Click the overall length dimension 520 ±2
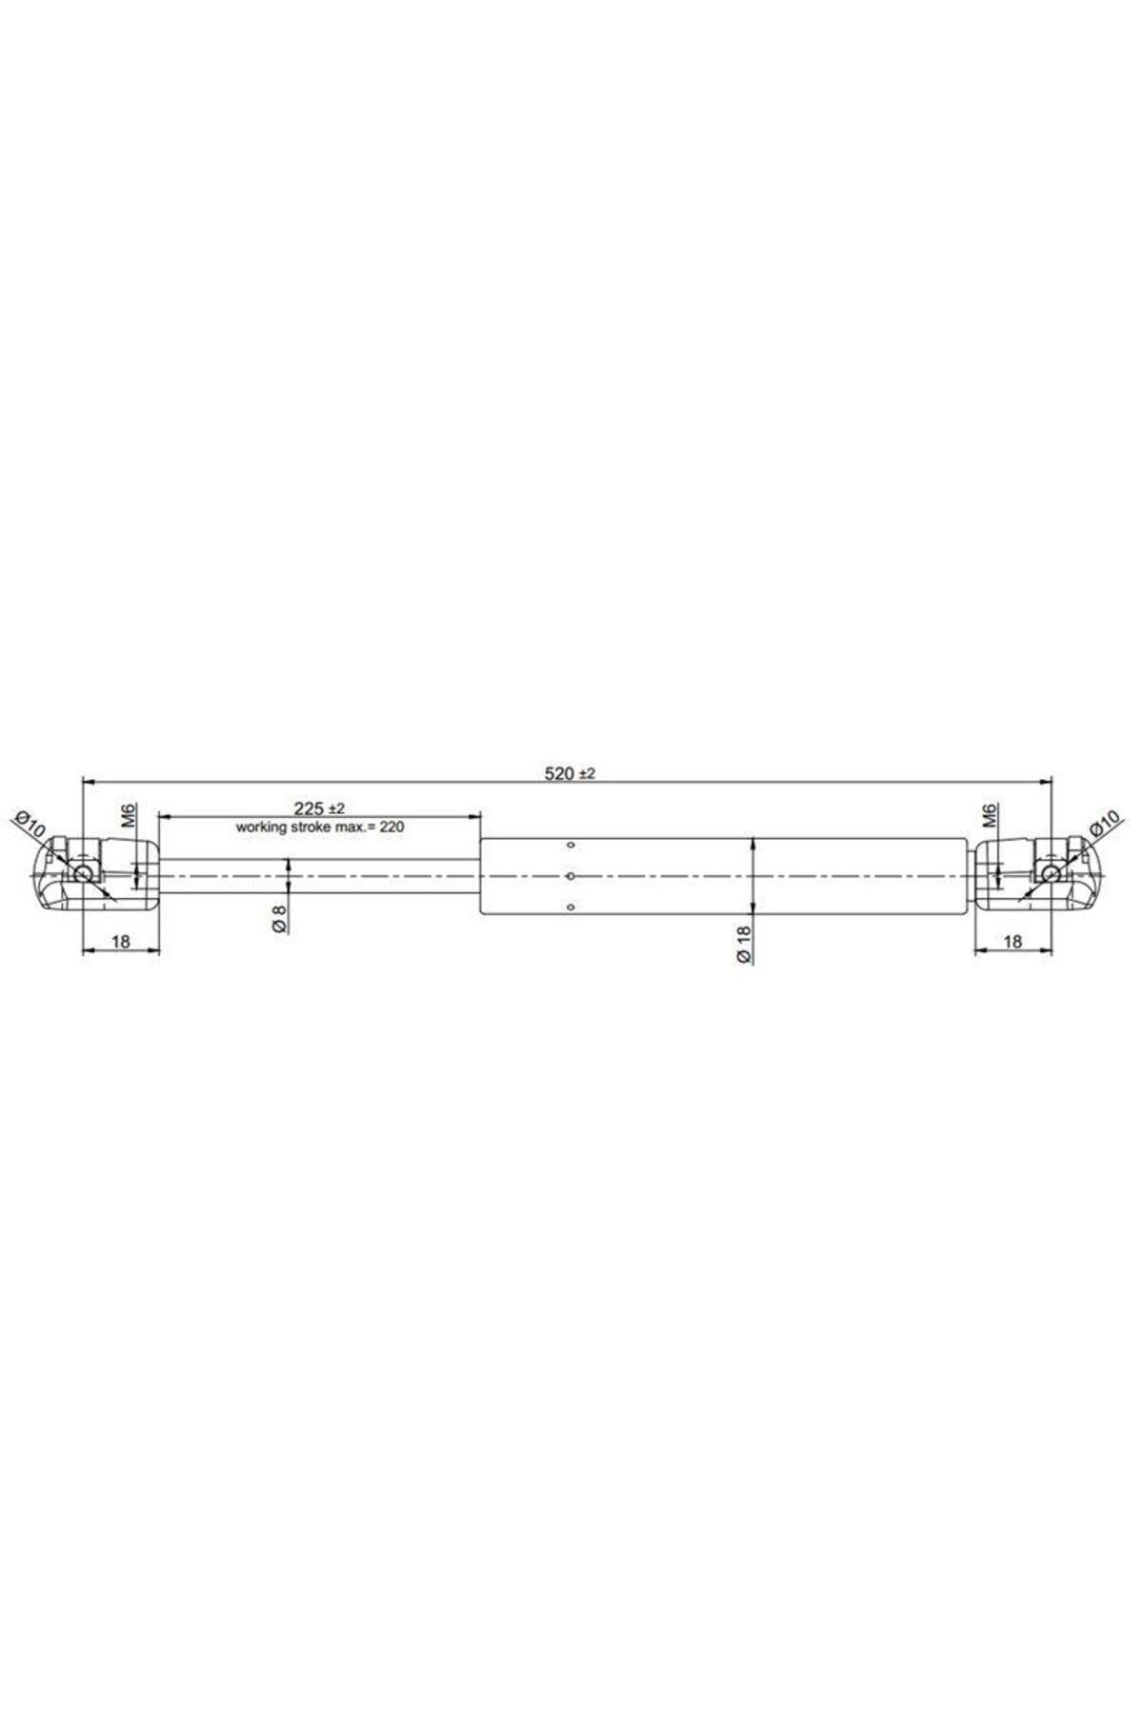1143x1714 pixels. pos(570,774)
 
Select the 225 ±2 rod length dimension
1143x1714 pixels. pos(319,808)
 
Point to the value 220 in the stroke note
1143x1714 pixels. pos(392,827)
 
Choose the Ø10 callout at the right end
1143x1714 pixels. pos(1103,825)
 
